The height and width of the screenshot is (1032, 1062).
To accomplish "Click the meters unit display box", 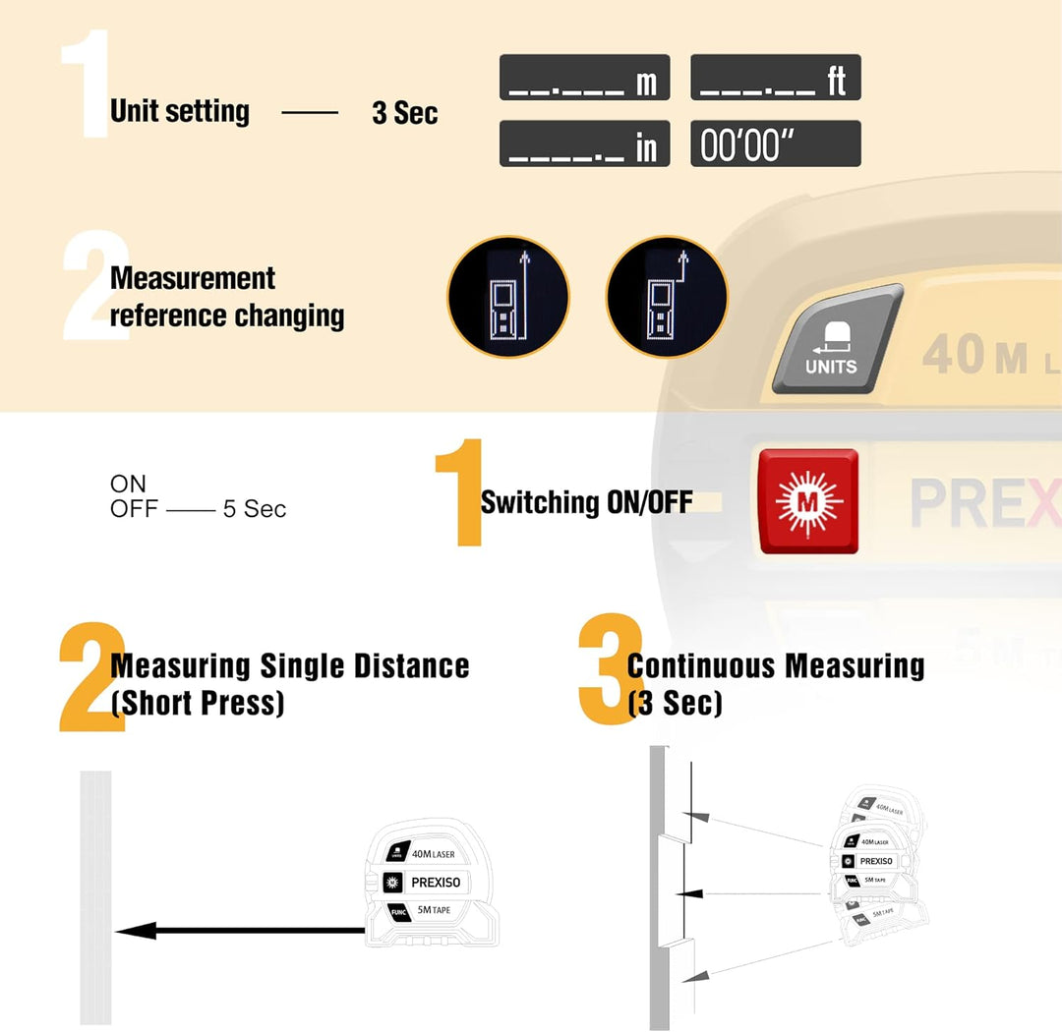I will click(584, 78).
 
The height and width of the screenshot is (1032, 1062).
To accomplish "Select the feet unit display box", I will click(775, 78).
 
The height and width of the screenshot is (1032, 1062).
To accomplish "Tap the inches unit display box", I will click(584, 143).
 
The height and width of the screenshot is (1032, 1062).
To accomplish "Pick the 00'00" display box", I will click(775, 143).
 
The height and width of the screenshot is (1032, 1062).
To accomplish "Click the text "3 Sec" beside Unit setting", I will click(404, 113).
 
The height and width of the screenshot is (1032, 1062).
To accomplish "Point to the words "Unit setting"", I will click(180, 111).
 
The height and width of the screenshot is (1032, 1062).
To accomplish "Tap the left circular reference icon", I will click(508, 296).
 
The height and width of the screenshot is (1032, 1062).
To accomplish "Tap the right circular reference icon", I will click(667, 296).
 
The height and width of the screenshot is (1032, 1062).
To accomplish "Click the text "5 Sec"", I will click(255, 509).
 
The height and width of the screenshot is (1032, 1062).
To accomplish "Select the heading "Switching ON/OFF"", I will click(586, 502).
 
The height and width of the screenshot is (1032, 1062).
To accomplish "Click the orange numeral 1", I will click(459, 491).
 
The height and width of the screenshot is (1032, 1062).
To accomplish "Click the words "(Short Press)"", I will click(198, 704).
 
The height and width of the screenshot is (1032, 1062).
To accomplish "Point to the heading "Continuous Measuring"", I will click(776, 666).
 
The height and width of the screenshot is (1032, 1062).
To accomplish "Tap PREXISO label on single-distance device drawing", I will click(435, 883).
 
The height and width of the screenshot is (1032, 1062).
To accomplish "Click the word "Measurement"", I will click(193, 278).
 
